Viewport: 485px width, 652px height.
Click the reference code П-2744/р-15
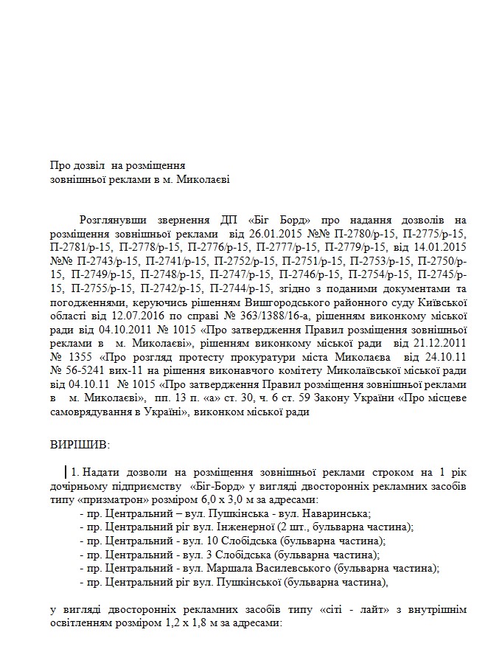(262, 288)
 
